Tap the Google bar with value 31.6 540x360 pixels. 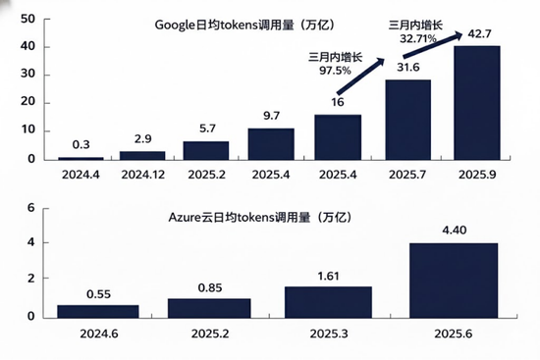pos(407,120)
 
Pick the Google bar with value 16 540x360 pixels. pos(339,137)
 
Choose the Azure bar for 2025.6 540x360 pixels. pos(453,281)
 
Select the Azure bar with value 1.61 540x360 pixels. pos(314,302)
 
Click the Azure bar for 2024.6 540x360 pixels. pos(97,311)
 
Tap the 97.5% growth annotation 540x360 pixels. pos(336,64)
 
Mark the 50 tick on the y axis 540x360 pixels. pos(27,18)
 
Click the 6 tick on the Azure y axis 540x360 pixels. pos(30,208)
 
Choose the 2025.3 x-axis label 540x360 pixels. pos(314,333)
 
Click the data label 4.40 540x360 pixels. pos(453,231)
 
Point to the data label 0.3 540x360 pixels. pos(79,145)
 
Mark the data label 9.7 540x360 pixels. pos(271,116)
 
